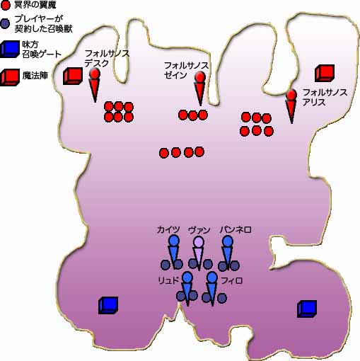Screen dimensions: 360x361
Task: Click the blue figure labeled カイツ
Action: pyautogui.click(x=174, y=251)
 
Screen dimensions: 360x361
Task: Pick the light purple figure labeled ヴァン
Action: pyautogui.click(x=199, y=253)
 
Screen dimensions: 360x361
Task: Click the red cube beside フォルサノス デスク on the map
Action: pyautogui.click(x=73, y=76)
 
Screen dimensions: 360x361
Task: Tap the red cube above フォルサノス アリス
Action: pyautogui.click(x=325, y=73)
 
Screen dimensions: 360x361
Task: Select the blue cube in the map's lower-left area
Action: pyautogui.click(x=108, y=305)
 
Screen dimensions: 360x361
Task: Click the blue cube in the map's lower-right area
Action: pyautogui.click(x=307, y=309)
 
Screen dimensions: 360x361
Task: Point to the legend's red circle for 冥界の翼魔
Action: pyautogui.click(x=5, y=5)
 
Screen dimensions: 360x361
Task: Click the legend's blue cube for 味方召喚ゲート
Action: pyautogui.click(x=10, y=49)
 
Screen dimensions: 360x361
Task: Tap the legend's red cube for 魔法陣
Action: pyautogui.click(x=10, y=77)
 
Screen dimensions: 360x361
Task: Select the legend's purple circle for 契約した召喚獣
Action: pyautogui.click(x=5, y=23)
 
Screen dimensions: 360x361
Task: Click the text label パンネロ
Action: pyautogui.click(x=236, y=229)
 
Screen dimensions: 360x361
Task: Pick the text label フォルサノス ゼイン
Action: pyautogui.click(x=186, y=70)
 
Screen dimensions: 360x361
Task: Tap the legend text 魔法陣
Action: pyautogui.click(x=35, y=76)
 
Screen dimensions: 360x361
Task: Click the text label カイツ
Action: pyautogui.click(x=168, y=229)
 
